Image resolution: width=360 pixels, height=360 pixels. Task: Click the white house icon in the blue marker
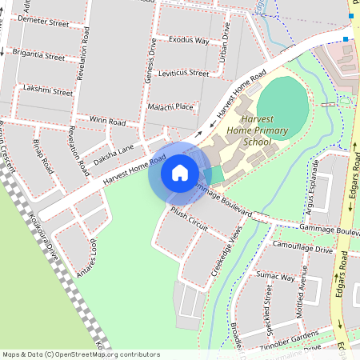(x=180, y=172)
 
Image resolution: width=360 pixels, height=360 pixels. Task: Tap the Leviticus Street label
(x=183, y=73)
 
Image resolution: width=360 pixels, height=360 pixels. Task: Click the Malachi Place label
(x=170, y=106)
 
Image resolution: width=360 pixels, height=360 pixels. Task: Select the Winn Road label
(x=108, y=122)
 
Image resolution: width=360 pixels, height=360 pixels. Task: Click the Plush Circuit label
(x=188, y=221)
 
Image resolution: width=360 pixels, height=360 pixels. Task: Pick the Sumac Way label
(x=277, y=277)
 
